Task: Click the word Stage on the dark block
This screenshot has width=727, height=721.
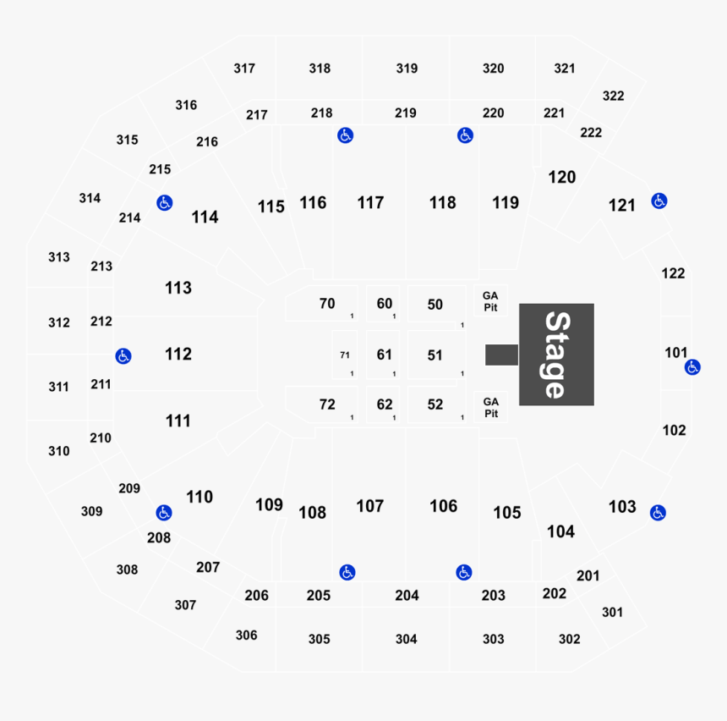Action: coord(555,355)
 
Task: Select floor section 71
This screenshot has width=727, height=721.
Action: coord(345,355)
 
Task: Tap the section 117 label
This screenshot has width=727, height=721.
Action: coord(370,203)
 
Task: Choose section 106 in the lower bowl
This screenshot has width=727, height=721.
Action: coord(443,506)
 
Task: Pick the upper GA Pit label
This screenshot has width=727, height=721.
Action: coord(490,300)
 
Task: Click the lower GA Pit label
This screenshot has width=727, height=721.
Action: coord(490,408)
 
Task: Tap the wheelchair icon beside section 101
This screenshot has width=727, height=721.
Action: coord(692,367)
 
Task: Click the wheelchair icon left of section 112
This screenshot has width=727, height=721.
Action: coord(123,355)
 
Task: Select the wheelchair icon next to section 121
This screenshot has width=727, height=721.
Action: coord(659,201)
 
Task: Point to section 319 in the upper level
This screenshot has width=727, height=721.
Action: coord(407,69)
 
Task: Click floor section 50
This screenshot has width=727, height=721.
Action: coord(435,305)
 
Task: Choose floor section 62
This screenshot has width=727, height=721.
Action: coord(385,405)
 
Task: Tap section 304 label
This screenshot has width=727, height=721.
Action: coord(406,639)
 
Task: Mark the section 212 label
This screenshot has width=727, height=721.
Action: coord(101,322)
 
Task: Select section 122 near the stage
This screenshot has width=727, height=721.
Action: coord(673,273)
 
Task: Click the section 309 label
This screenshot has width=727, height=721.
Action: coord(91,511)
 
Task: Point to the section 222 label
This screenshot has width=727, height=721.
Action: coord(591,133)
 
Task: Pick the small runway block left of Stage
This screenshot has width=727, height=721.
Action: coord(501,355)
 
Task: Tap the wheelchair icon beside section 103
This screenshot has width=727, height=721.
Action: coord(658,513)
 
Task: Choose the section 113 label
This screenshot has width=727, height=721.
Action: coord(178,288)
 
